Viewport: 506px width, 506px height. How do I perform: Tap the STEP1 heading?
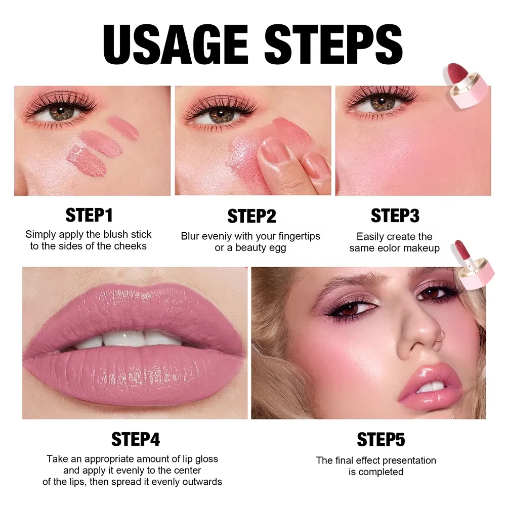click(89, 215)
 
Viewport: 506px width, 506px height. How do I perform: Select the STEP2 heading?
click(251, 216)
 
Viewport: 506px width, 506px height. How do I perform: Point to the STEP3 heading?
click(395, 216)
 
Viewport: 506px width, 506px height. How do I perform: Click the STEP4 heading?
click(136, 439)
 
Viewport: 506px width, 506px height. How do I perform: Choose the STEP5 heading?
click(381, 439)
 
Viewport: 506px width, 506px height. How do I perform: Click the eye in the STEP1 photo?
click(61, 110)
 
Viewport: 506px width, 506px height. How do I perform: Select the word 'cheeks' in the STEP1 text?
click(130, 246)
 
